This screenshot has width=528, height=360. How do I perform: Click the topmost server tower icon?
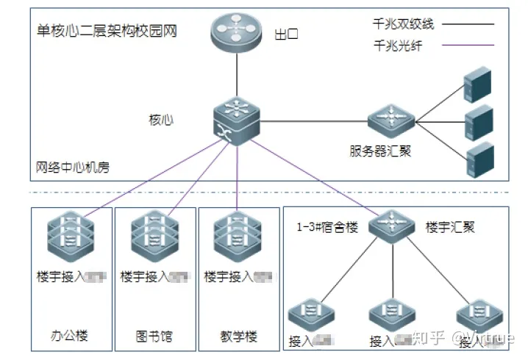[478, 84]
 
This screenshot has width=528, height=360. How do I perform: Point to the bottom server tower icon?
[478, 159]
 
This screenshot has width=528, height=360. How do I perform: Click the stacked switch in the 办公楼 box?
[71, 234]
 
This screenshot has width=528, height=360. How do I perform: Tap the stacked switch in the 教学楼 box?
[237, 234]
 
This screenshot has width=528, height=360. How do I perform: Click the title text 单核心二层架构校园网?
[107, 32]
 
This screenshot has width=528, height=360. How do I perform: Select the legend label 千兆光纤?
[398, 46]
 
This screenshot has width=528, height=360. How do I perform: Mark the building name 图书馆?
[154, 336]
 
